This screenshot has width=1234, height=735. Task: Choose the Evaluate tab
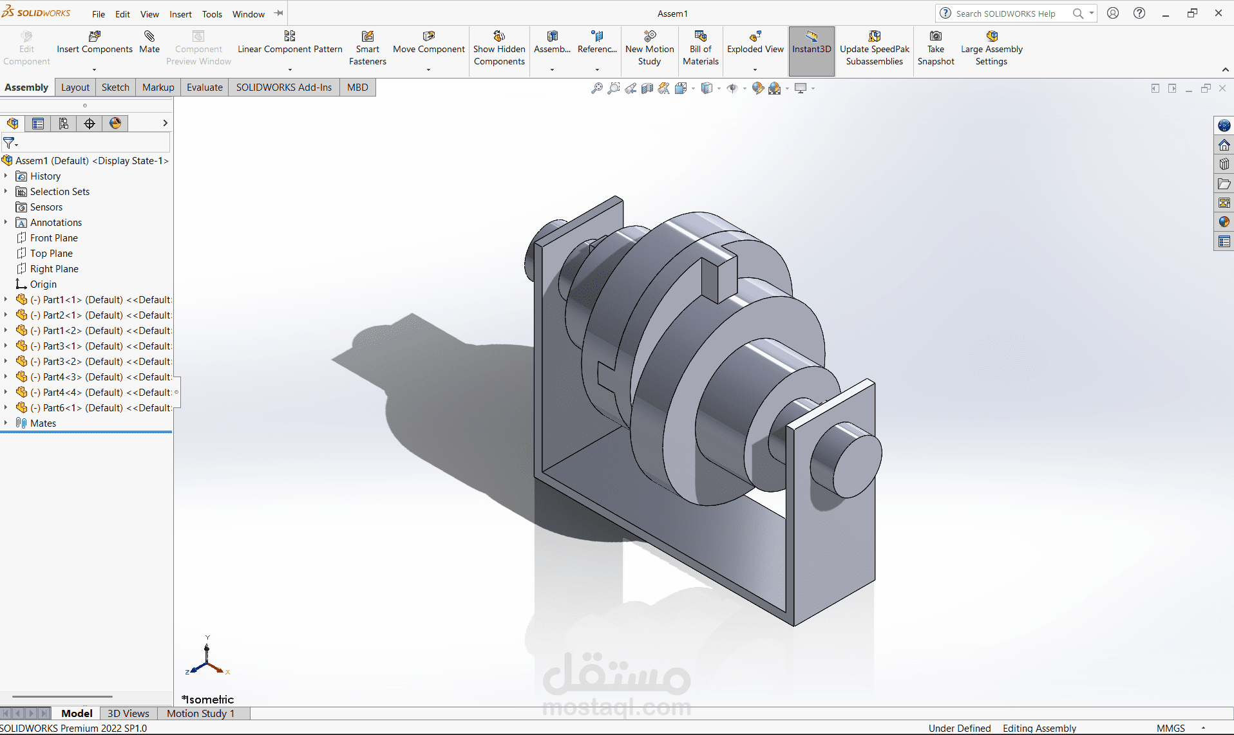[x=204, y=88]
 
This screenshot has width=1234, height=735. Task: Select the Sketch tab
[x=115, y=88]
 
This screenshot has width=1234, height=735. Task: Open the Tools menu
[x=212, y=14]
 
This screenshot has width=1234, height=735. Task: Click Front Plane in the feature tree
[x=53, y=238]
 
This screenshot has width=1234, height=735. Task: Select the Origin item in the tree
[x=43, y=284]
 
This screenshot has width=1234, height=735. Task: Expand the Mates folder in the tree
[x=6, y=423]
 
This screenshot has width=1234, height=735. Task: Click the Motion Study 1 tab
[x=200, y=713]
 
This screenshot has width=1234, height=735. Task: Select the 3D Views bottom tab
[x=128, y=713]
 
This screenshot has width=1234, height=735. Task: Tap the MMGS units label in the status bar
[x=1170, y=728]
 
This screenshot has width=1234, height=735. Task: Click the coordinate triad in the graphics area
[x=207, y=660]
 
